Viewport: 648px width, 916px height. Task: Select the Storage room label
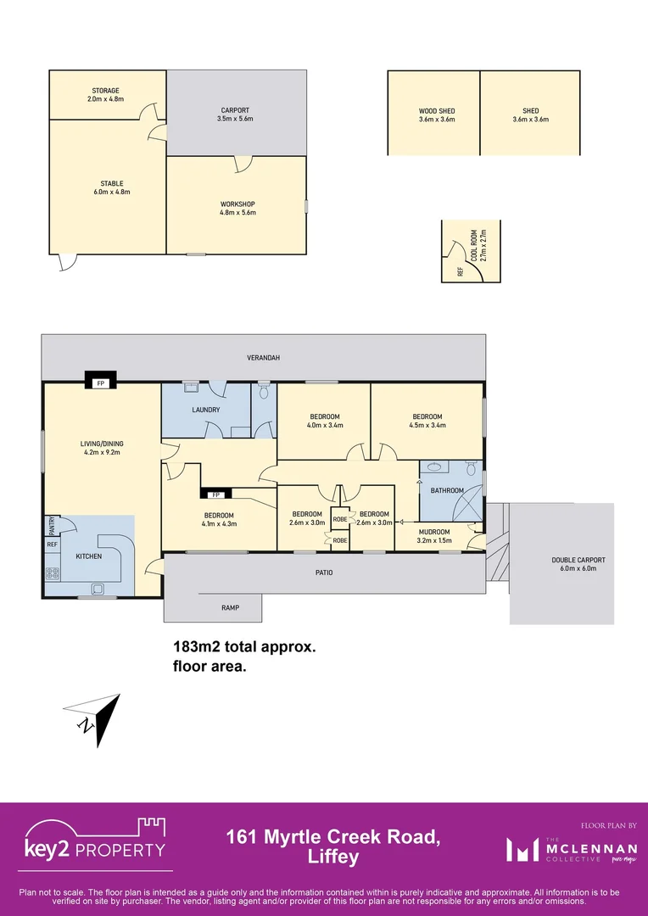coord(106,94)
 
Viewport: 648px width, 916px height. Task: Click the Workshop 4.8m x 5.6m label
coord(237,208)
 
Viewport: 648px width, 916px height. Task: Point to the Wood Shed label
coord(437,115)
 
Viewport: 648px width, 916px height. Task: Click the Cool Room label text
coord(482,246)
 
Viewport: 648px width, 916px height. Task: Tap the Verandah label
coord(263,358)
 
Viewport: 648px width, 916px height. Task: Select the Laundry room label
coord(206,410)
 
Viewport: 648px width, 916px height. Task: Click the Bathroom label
coord(447,490)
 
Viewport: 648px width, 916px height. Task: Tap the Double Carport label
coord(578,564)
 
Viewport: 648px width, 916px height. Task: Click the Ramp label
coord(230,607)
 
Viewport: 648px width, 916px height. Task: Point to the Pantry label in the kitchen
coord(52,526)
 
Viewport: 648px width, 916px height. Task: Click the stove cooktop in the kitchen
coord(53,572)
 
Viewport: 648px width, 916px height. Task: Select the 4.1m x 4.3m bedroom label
coord(219,519)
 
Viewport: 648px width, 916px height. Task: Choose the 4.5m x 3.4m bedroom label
coord(427,421)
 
